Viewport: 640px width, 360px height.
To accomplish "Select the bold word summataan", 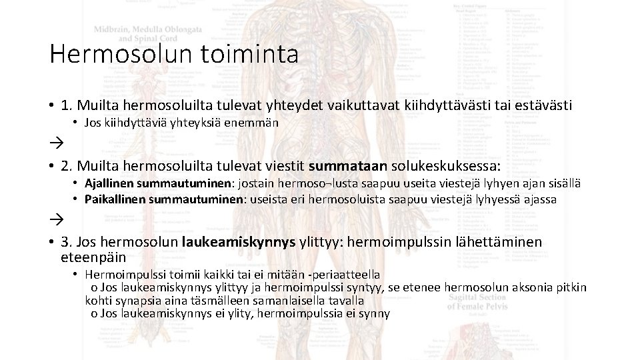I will click(x=340, y=165).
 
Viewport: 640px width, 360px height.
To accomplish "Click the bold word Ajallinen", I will click(x=109, y=183).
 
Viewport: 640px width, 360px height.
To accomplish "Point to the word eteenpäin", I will click(x=93, y=257).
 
